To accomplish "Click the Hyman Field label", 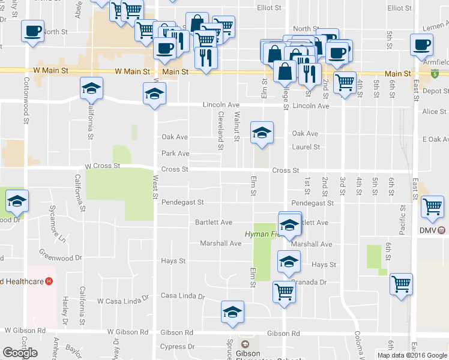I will (261, 233).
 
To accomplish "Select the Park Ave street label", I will (175, 154).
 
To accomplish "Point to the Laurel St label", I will (306, 146).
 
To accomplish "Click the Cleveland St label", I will (221, 130).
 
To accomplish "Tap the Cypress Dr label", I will (178, 346).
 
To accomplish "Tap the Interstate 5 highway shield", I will (434, 74).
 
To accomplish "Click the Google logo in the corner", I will (20, 353).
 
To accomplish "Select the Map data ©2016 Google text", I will (412, 355).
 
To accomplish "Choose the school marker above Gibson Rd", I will (232, 313).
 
